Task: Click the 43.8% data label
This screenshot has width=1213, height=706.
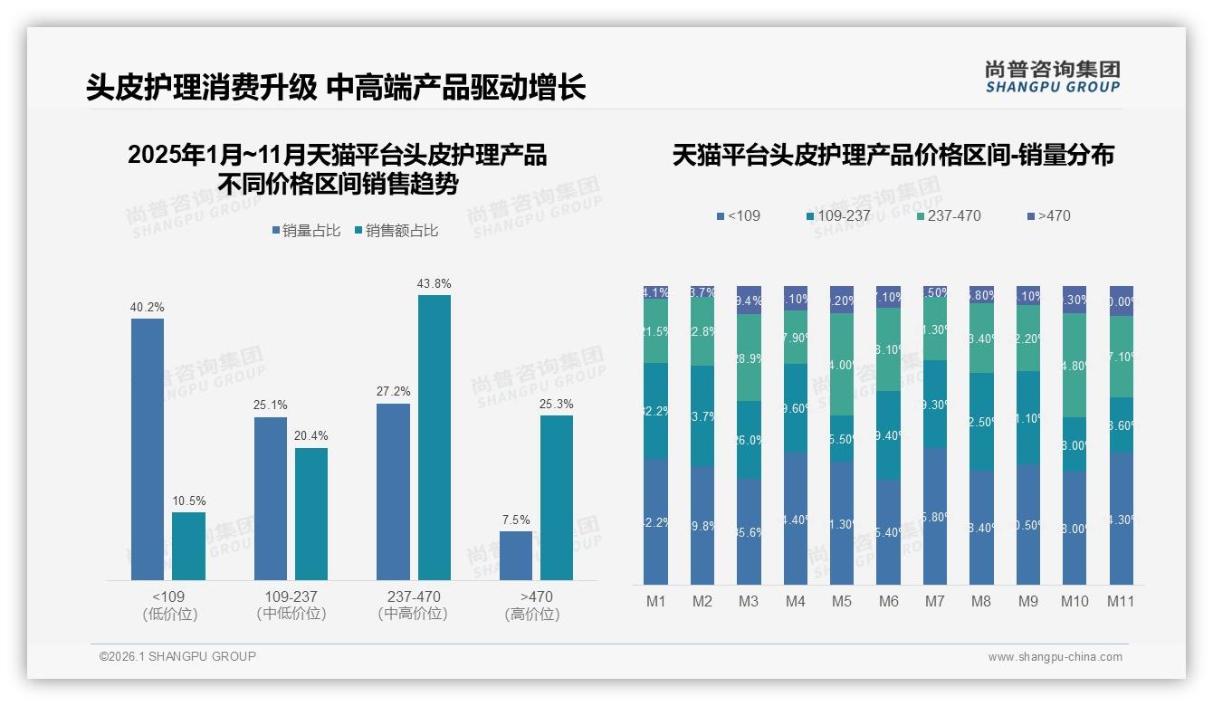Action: point(434,283)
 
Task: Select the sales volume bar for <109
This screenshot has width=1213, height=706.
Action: point(148,449)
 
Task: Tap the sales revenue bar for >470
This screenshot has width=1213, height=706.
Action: point(557,497)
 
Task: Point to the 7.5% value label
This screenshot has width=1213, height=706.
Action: point(516,520)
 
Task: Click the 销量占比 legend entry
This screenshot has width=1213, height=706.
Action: point(306,231)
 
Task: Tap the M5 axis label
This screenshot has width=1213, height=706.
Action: point(842,601)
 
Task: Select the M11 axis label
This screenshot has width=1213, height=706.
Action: point(1122,601)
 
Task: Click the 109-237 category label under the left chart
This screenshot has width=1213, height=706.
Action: point(291,596)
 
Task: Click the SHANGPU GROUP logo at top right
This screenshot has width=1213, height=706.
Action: point(1053,77)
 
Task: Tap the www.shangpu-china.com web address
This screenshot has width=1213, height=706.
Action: point(1055,657)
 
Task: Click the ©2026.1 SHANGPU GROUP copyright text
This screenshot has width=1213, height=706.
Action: point(177,656)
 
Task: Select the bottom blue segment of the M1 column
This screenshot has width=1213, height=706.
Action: point(655,521)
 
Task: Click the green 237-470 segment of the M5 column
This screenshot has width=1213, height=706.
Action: point(842,365)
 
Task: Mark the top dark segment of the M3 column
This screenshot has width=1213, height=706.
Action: point(749,301)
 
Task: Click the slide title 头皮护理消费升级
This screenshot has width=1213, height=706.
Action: point(202,87)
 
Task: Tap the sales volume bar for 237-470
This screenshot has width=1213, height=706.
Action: point(393,491)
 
